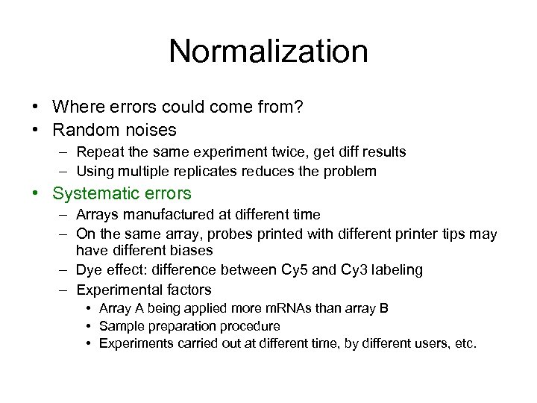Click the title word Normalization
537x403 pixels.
pyautogui.click(x=268, y=51)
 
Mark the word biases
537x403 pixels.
pyautogui.click(x=192, y=251)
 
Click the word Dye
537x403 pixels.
pyautogui.click(x=89, y=269)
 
